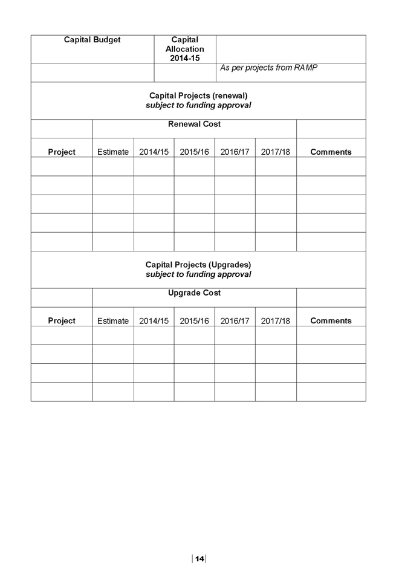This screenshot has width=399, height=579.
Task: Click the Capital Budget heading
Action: tap(92, 40)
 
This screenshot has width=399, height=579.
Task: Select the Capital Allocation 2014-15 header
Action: tap(185, 49)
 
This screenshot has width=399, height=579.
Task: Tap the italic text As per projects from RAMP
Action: tap(268, 68)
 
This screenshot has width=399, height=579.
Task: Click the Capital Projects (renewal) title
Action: tap(198, 95)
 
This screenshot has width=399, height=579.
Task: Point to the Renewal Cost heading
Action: tap(194, 124)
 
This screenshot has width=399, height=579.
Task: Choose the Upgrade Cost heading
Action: tap(194, 293)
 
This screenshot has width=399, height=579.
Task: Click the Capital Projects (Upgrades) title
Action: tap(198, 265)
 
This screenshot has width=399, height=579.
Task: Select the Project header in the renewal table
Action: tap(62, 152)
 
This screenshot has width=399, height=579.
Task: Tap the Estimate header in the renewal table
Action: tap(113, 152)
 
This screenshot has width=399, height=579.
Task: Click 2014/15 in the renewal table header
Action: tap(154, 152)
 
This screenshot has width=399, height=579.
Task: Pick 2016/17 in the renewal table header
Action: tap(235, 152)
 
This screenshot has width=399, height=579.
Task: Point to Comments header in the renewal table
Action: tap(331, 152)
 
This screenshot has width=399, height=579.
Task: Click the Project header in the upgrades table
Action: tap(62, 321)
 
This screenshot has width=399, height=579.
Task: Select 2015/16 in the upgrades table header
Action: tap(194, 321)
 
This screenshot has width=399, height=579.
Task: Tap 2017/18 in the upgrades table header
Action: tap(276, 321)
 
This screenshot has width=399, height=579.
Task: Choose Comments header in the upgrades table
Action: tap(331, 320)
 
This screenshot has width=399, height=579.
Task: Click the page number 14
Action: tap(199, 558)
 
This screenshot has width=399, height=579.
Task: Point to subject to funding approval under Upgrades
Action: tap(198, 274)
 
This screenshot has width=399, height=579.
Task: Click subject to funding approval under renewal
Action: tap(198, 105)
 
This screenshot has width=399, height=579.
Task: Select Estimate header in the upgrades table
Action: tap(113, 321)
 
